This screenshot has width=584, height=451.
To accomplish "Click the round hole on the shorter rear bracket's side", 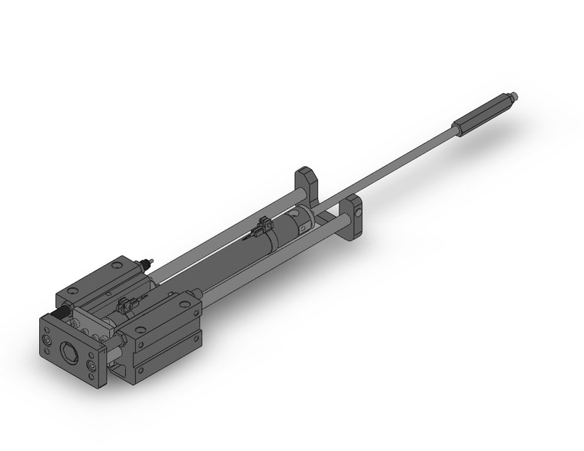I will coord(357,209).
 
